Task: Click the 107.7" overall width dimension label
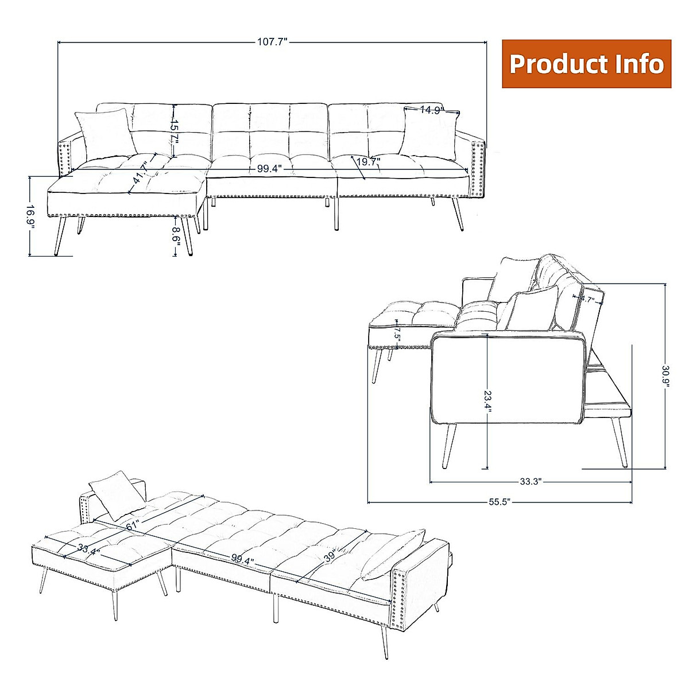pos(272,41)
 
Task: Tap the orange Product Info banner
pos(586,64)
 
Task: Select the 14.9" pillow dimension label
pos(431,110)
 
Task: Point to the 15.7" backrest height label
pos(177,131)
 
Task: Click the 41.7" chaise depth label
pos(140,171)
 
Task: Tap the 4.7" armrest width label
pos(586,299)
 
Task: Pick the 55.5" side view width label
pos(500,502)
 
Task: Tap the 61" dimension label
pos(133,524)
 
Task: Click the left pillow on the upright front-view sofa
pos(104,132)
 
